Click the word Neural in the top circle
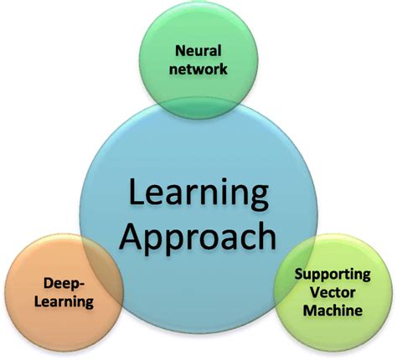click(x=198, y=51)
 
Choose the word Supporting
click(x=332, y=273)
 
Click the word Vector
click(x=332, y=291)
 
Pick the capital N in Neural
click(x=177, y=51)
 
